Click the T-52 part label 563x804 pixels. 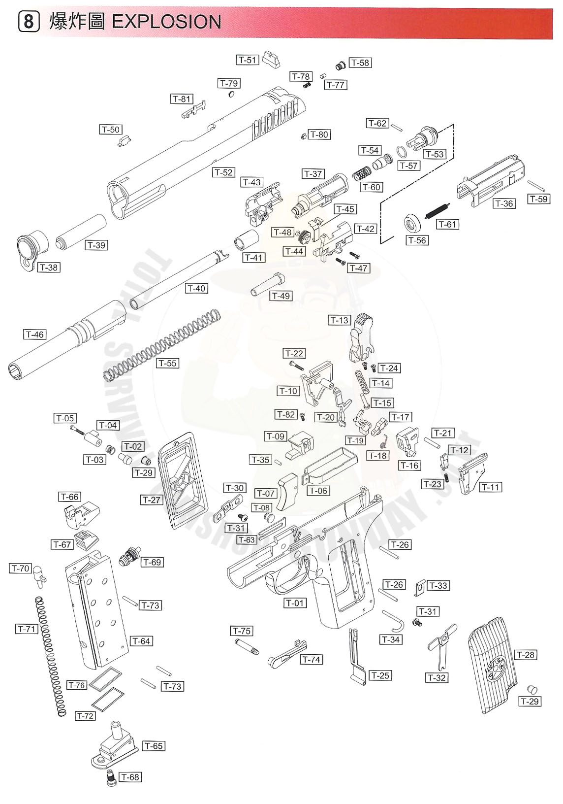point(223,172)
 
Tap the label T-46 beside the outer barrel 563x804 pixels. point(35,335)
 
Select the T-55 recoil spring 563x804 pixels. point(162,345)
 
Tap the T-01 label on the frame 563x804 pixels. point(295,603)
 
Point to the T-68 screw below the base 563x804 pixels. point(111,777)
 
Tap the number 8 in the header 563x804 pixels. point(29,22)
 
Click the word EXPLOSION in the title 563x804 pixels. point(167,22)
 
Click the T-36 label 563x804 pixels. point(504,203)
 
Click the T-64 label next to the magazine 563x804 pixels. point(141,641)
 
